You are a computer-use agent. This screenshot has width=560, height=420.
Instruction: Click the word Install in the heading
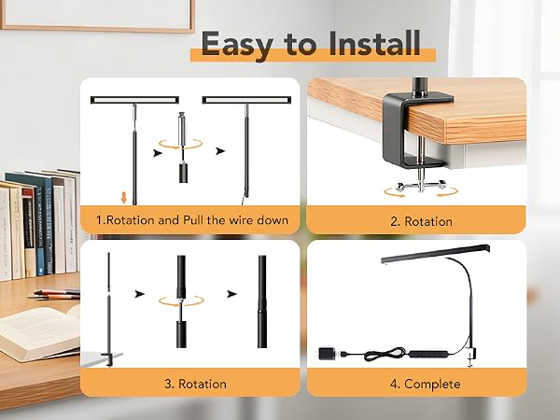click(374, 43)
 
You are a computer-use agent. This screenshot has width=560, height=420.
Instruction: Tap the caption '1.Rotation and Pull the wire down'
click(192, 219)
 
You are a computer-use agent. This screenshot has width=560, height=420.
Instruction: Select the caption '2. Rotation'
click(421, 221)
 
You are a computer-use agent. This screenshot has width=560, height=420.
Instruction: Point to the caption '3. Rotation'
click(195, 384)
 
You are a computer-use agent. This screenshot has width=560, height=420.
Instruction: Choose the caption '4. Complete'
click(425, 384)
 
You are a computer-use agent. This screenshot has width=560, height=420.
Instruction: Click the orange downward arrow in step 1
click(124, 198)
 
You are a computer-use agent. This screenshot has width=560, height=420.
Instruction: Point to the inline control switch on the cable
click(428, 355)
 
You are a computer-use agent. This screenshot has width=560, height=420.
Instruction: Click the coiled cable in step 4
click(385, 354)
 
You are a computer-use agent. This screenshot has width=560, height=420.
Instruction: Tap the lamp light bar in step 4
click(435, 253)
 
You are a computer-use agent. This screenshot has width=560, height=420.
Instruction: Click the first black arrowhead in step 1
click(158, 153)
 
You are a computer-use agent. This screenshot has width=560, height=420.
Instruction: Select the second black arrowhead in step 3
click(232, 294)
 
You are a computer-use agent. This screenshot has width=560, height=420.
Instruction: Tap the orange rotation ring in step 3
click(181, 301)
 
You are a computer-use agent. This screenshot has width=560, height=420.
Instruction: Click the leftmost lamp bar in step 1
click(134, 100)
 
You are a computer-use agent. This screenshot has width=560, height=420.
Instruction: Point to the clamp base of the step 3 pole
click(109, 357)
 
